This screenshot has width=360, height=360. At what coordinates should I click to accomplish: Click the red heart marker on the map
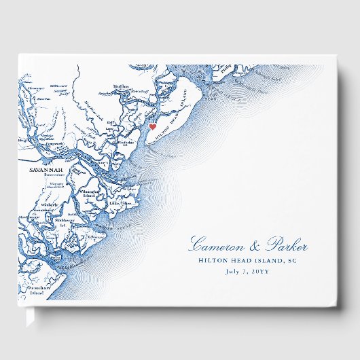point(152,126)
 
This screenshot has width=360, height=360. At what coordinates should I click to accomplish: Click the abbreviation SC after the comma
point(298,261)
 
